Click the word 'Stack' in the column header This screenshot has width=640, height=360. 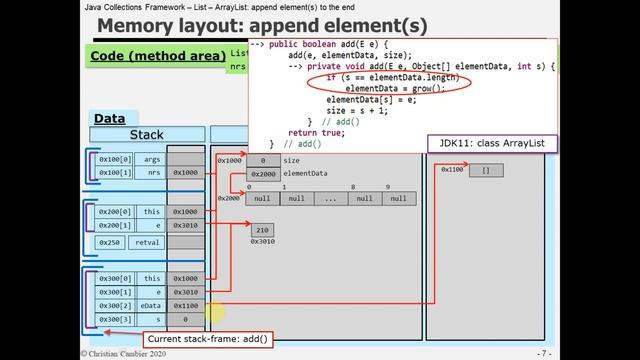click(x=146, y=134)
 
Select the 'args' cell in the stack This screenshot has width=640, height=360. click(x=152, y=158)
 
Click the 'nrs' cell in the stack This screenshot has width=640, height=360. click(x=152, y=172)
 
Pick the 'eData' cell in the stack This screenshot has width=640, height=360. click(x=152, y=305)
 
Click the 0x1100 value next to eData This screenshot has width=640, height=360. click(x=186, y=305)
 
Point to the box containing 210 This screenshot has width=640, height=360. click(x=261, y=230)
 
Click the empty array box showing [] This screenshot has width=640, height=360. click(x=486, y=170)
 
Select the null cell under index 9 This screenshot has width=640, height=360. click(x=398, y=198)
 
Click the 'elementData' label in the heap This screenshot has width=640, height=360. click(x=306, y=173)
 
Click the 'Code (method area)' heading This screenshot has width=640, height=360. click(x=156, y=56)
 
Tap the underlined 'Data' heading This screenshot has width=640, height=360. click(x=109, y=118)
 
